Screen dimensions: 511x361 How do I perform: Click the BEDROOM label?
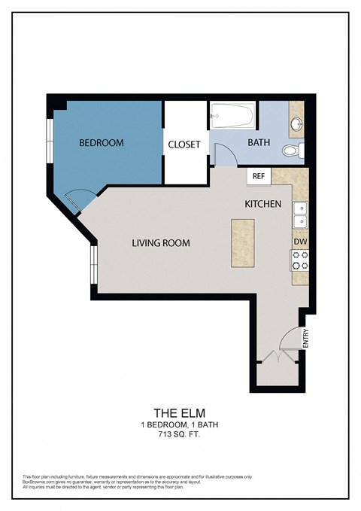point(102,143)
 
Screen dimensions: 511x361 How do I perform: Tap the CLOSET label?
point(184,144)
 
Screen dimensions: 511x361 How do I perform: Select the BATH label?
point(259,141)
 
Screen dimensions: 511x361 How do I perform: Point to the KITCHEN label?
point(263,204)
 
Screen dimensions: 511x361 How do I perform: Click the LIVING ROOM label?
point(160,243)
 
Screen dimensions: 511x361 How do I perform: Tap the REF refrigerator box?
point(258,177)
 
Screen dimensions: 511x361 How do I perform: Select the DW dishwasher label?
point(300,241)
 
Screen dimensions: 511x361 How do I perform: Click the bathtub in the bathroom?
point(232,116)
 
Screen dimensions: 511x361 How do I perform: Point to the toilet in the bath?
point(292,151)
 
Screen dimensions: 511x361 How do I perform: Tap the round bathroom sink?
point(297,123)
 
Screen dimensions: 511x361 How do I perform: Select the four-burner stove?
point(300,260)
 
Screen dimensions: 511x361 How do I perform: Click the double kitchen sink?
point(300,214)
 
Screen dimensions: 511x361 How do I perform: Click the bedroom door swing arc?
point(79,201)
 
